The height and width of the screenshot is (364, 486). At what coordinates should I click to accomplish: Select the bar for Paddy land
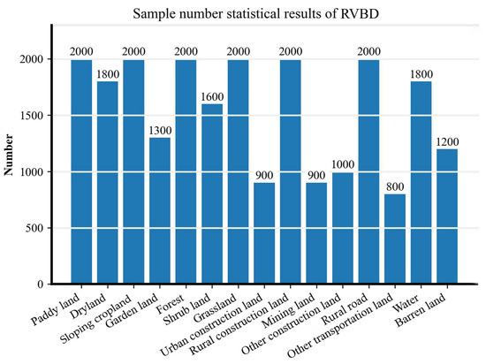click(81, 172)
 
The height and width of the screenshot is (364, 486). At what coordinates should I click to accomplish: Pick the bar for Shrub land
click(212, 193)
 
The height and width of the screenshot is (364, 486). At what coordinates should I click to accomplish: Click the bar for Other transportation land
click(395, 239)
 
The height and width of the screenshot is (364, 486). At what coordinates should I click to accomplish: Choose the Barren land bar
click(447, 216)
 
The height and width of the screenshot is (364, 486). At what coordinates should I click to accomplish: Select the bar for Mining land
click(316, 233)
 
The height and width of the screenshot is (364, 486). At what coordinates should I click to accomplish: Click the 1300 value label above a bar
click(160, 131)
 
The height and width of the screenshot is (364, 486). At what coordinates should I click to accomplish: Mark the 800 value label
click(395, 187)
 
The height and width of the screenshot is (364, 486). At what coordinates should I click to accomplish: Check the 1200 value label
click(447, 142)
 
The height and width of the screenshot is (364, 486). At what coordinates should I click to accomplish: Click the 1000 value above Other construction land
click(343, 164)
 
